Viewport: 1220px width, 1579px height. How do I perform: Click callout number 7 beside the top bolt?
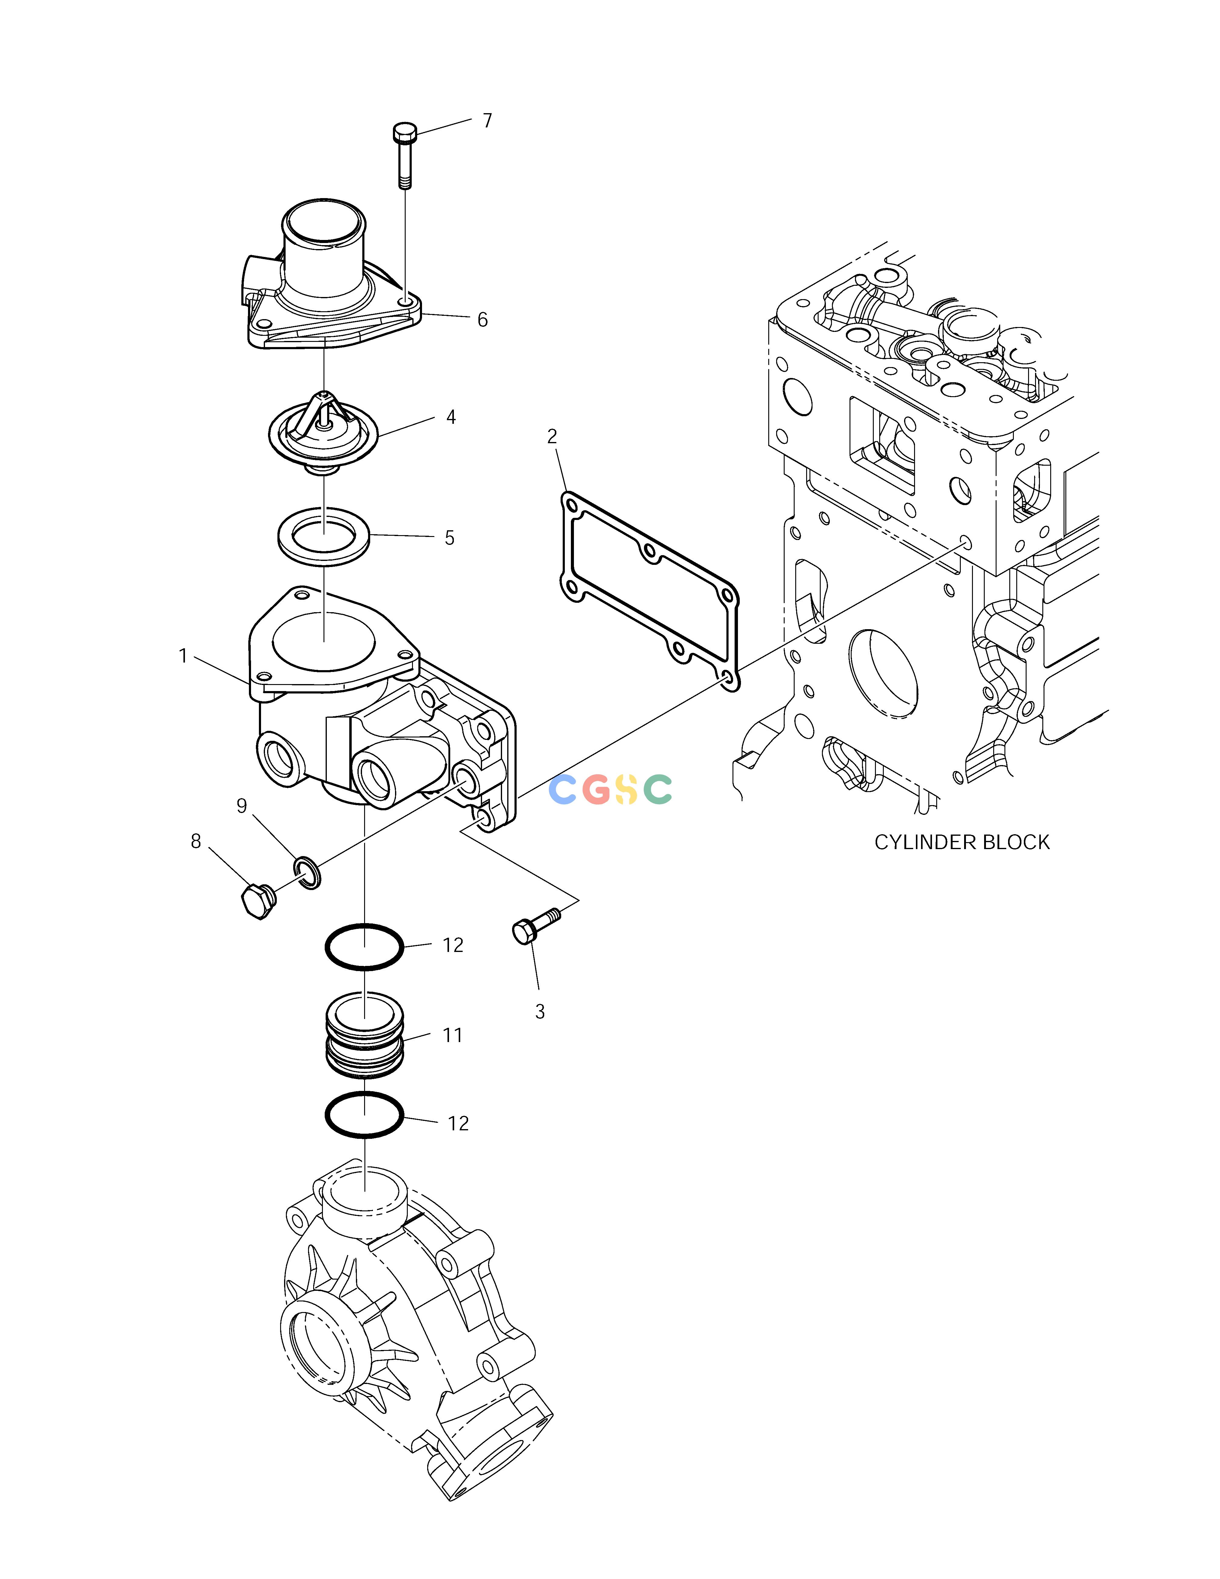tap(488, 121)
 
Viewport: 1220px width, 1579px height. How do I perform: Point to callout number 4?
tap(451, 417)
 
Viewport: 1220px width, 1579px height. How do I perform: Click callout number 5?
tap(450, 538)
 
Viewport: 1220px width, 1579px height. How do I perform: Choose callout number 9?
tap(242, 806)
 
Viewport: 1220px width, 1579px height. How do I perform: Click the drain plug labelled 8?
tap(256, 900)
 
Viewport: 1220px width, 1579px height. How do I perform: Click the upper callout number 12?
tap(453, 945)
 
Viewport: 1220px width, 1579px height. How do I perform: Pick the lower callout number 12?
tap(458, 1123)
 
